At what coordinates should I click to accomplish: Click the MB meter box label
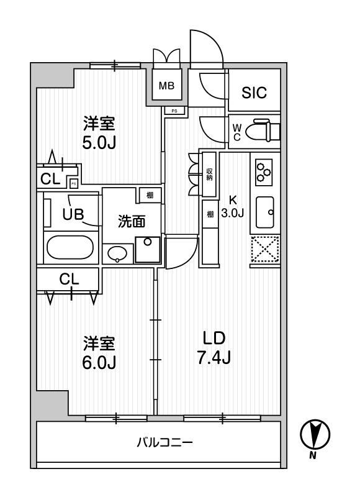166,86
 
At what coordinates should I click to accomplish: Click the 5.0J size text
99,142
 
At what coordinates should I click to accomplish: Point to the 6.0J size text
99,361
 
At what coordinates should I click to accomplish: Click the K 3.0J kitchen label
234,206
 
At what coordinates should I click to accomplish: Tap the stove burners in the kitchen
264,170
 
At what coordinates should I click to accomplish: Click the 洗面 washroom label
132,221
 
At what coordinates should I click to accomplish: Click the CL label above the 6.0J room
69,280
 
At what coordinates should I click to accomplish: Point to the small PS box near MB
174,111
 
